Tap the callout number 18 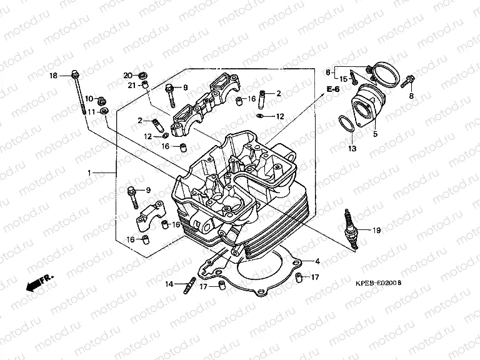[53, 76]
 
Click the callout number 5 [376, 134]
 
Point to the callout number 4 [317, 261]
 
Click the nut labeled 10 [102, 100]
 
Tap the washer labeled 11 [105, 111]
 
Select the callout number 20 [127, 75]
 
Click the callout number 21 [132, 85]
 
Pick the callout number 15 [343, 79]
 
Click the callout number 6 [327, 72]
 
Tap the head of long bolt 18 [75, 74]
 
